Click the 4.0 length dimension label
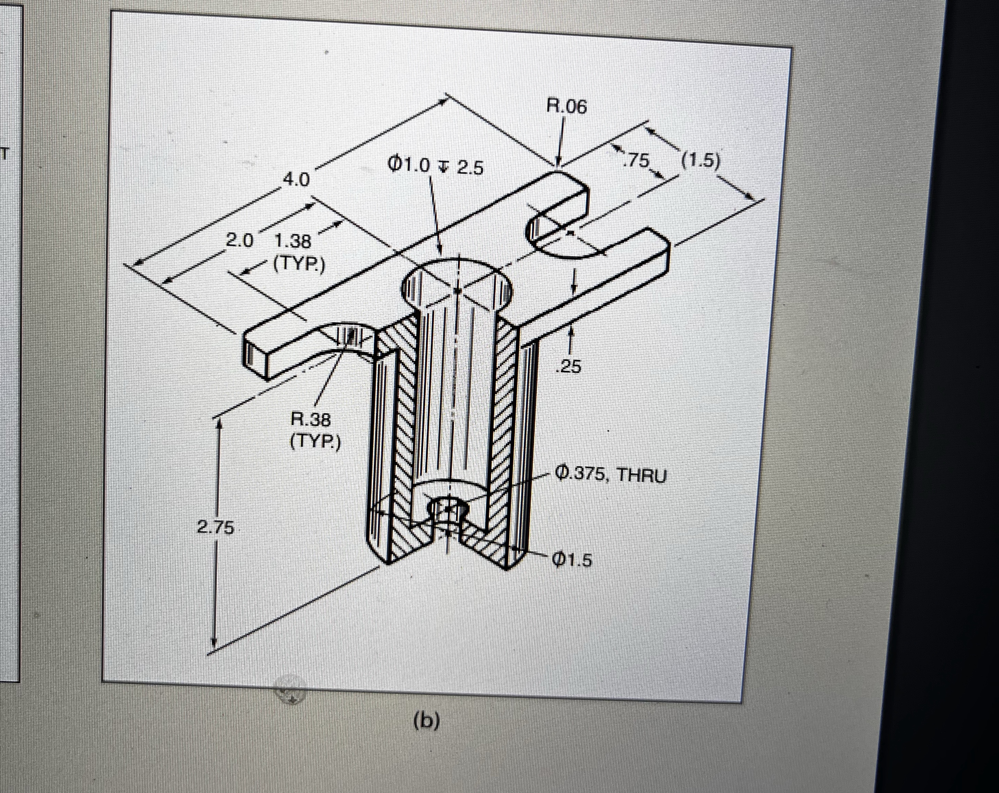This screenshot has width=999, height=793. coord(296,180)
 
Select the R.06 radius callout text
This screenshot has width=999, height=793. coord(566,106)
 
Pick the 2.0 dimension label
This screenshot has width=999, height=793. coord(240,241)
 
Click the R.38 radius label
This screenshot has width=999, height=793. coord(310,420)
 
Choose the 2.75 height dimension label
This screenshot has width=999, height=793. coord(215,528)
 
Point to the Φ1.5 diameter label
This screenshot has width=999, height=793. coord(572,561)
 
